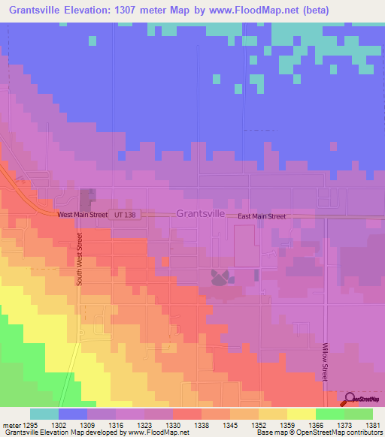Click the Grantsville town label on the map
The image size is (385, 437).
201,213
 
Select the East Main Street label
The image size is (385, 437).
262,216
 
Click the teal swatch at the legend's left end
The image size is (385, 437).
44,414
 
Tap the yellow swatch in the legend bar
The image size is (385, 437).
301,414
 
